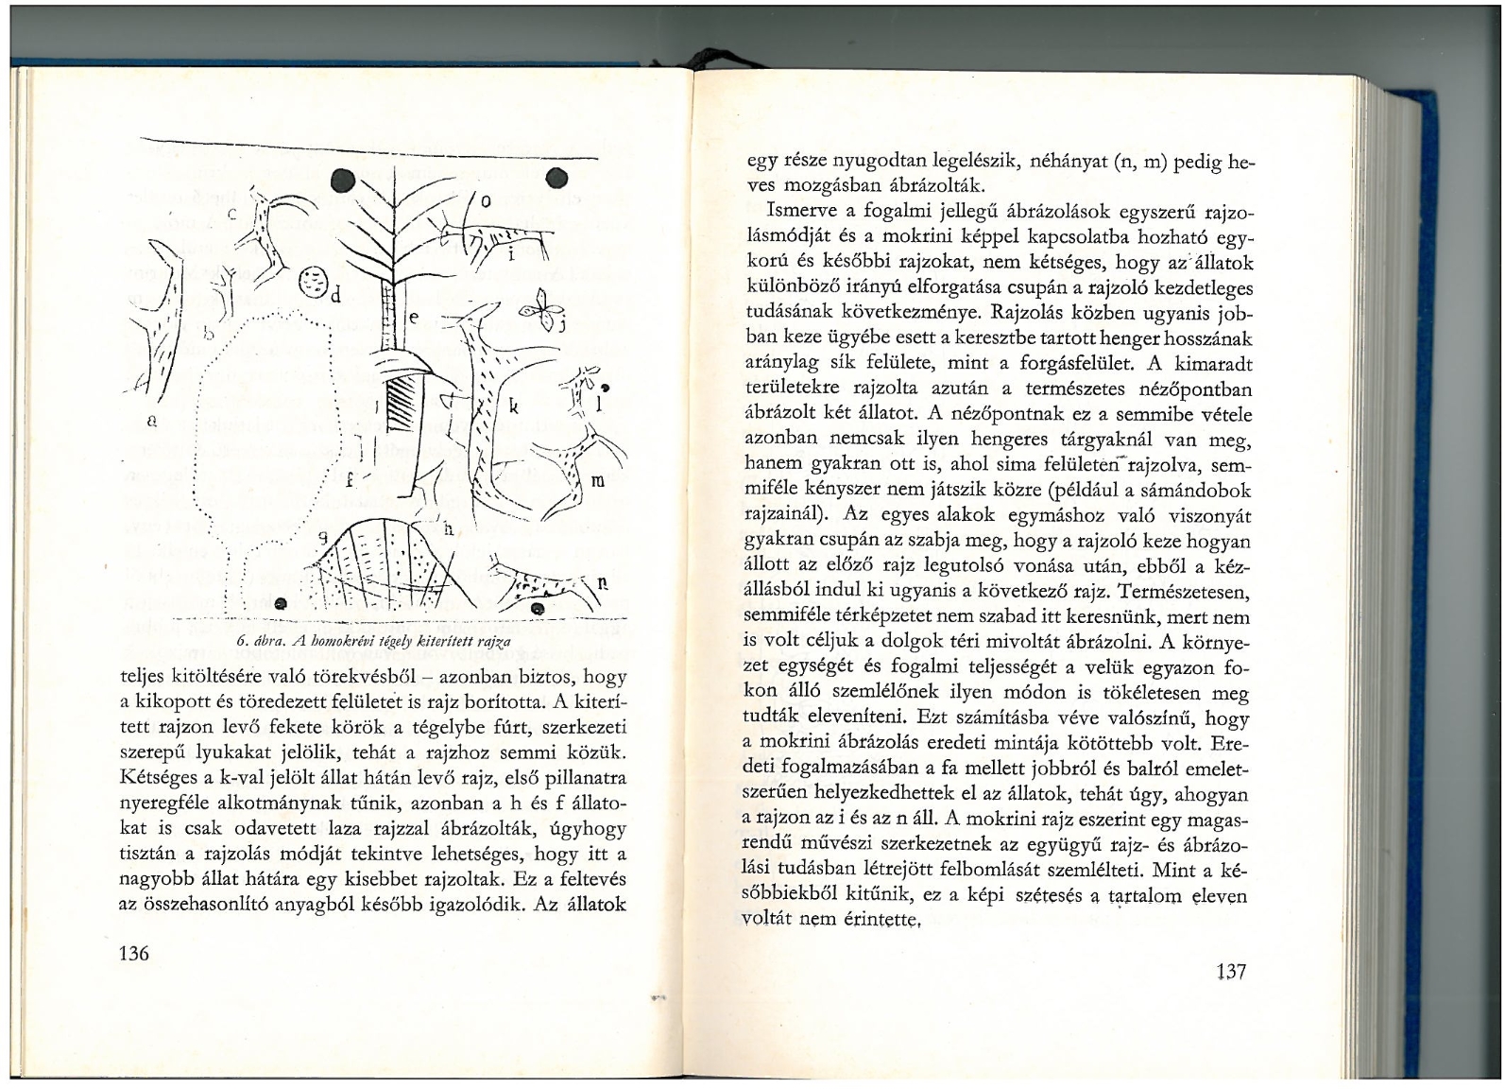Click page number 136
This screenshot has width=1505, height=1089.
pos(134,952)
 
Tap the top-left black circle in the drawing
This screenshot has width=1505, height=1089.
pos(343,179)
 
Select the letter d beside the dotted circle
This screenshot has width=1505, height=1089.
pos(334,292)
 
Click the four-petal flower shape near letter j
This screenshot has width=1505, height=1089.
pos(541,309)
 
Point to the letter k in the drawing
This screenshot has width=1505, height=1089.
pos(514,407)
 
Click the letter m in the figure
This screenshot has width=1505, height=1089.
pos(597,480)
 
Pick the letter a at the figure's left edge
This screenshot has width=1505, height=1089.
pos(150,417)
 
